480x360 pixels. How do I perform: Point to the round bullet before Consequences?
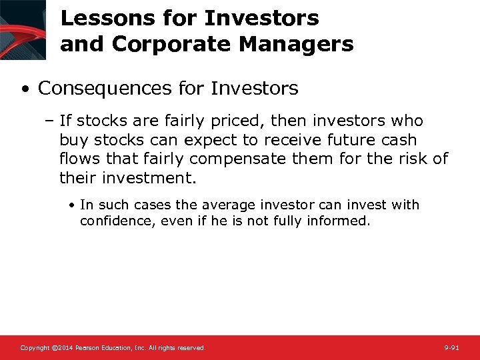(24, 89)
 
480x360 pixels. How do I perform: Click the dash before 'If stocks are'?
(51, 121)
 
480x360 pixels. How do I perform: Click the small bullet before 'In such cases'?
(72, 205)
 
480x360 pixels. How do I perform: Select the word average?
(227, 205)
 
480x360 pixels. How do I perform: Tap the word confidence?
(116, 221)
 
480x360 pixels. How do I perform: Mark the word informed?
(339, 221)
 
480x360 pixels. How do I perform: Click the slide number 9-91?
(451, 348)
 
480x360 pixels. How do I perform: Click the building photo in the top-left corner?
(23, 30)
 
